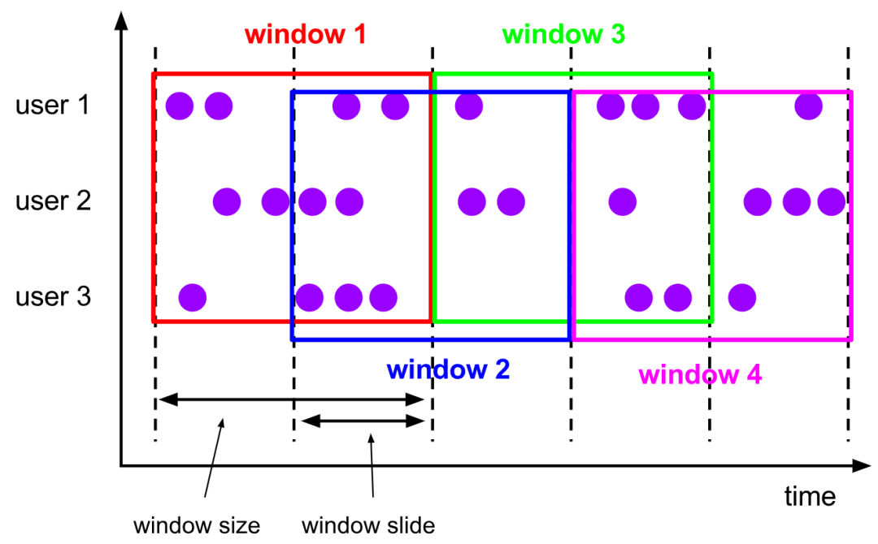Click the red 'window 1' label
305,35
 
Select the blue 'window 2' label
448,370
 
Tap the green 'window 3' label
563,35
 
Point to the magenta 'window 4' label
700,375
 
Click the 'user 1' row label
53,106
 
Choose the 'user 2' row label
53,201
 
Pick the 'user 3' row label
53,297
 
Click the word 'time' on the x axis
809,495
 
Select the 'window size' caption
197,525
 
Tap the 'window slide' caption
368,525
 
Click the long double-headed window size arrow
291,399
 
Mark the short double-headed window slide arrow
363,421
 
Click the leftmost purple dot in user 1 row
179,106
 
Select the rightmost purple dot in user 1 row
808,106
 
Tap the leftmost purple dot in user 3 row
192,297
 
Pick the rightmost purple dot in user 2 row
831,201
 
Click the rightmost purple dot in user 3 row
741,297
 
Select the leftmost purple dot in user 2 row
227,201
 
